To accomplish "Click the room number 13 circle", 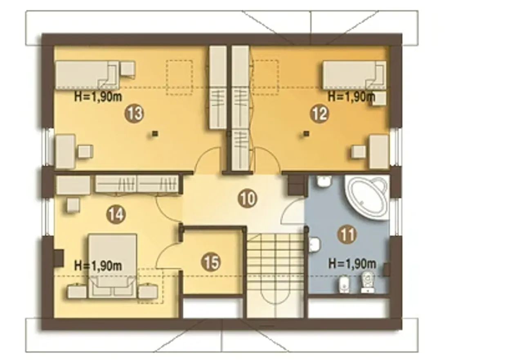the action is point(134,114).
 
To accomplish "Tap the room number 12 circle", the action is point(320,114).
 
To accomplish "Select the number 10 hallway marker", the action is point(248,199).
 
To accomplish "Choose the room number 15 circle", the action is point(210,262).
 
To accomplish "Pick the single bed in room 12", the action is point(354,75).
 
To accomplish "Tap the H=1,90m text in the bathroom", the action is point(352,264).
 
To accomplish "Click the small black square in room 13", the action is point(155,134).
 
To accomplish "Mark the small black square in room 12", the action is point(307,134).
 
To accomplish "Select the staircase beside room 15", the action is point(276,272).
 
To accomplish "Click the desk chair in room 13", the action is point(85,152).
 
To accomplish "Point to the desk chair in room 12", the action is point(359,152).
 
